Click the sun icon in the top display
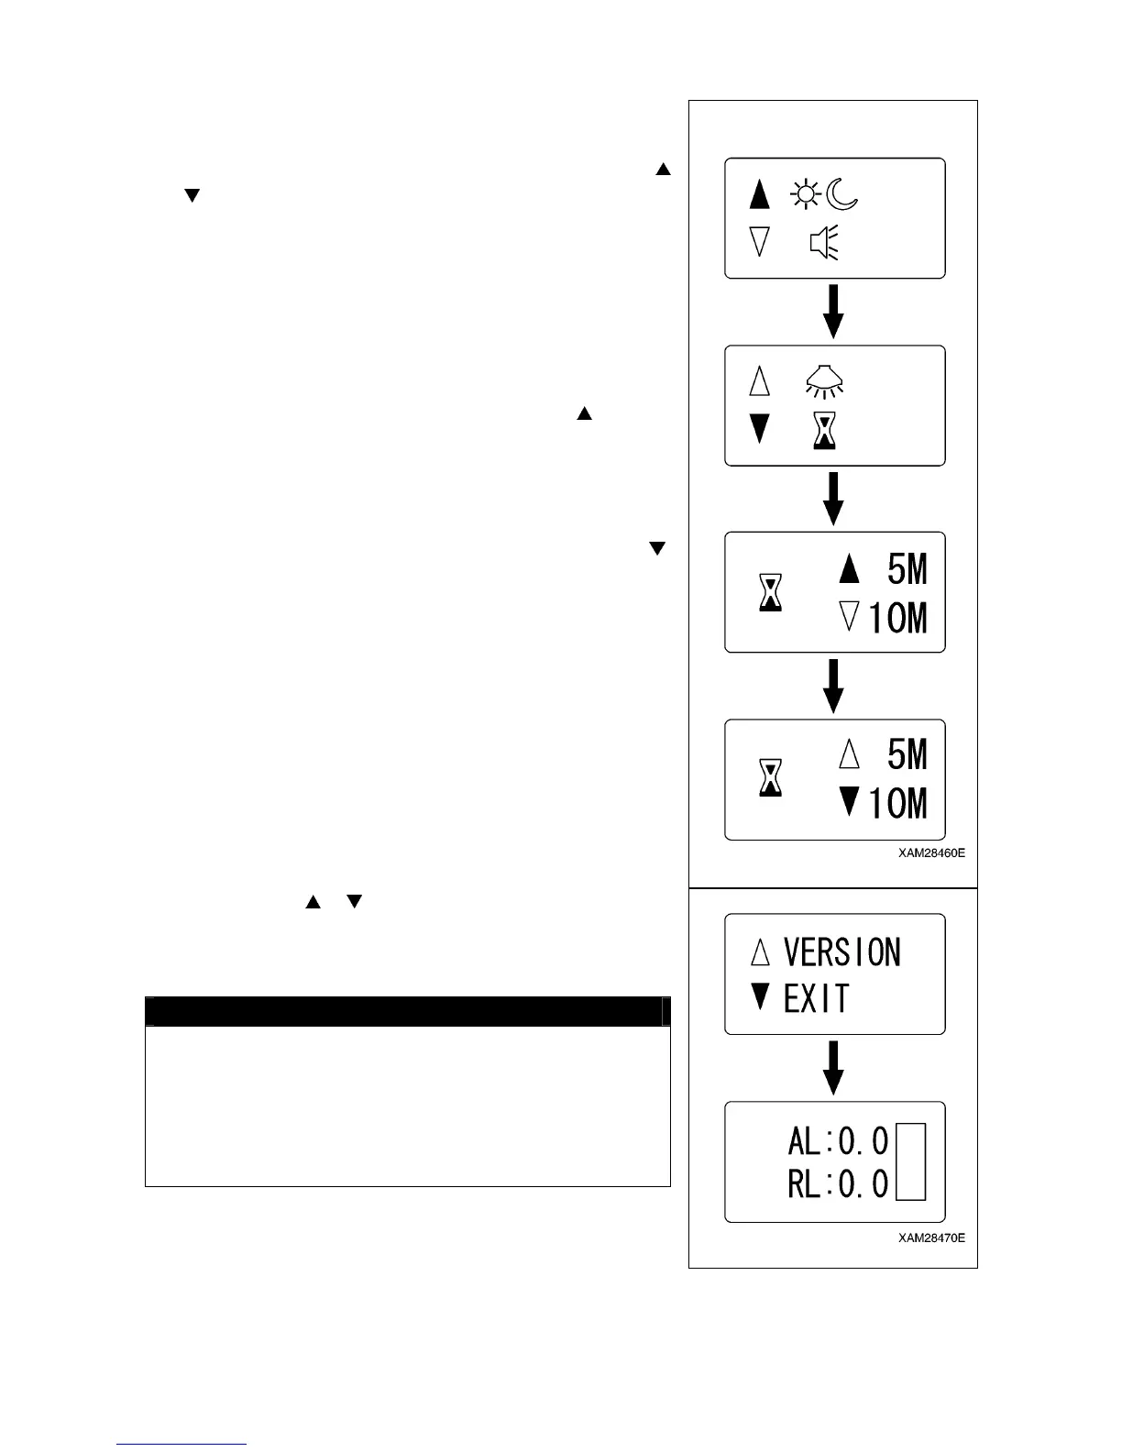(805, 195)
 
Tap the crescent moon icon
(841, 195)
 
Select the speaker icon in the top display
(823, 244)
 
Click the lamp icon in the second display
(824, 381)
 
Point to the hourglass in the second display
(824, 430)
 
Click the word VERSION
(841, 952)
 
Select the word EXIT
(816, 998)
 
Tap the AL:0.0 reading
(838, 1141)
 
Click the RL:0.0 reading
(838, 1185)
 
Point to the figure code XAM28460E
(931, 853)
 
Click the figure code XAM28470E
(931, 1238)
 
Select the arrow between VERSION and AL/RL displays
(832, 1068)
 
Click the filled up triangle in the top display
(760, 194)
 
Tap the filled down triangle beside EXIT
(760, 997)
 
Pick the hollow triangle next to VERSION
(760, 952)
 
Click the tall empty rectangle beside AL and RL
(910, 1161)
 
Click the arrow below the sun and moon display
(832, 312)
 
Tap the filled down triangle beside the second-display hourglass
(760, 429)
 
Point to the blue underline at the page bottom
(181, 1445)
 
